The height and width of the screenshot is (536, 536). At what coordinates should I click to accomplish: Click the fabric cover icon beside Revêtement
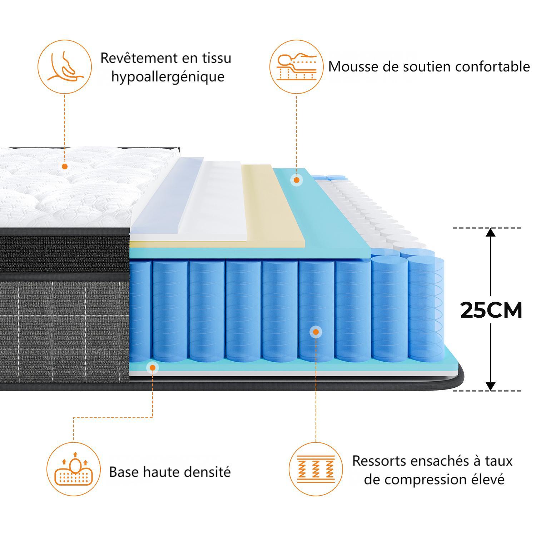click(65, 67)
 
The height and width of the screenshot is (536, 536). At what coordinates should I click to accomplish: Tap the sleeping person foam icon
click(297, 67)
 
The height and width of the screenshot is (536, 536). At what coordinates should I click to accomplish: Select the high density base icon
click(74, 469)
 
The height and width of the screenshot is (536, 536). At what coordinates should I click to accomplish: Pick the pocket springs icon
click(316, 469)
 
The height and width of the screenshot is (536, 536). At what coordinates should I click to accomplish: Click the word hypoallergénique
click(168, 77)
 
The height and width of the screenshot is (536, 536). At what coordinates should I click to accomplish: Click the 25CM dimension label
click(491, 310)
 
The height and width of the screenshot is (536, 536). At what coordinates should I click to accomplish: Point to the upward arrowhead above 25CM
click(491, 232)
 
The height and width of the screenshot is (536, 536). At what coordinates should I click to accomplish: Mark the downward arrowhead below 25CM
click(491, 386)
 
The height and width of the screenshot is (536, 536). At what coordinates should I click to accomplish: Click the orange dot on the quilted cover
click(65, 167)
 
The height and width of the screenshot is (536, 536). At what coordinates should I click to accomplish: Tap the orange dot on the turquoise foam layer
click(296, 180)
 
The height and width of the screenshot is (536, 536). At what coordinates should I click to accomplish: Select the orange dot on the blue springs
click(316, 332)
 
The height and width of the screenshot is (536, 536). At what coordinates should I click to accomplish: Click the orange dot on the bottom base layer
click(153, 367)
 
